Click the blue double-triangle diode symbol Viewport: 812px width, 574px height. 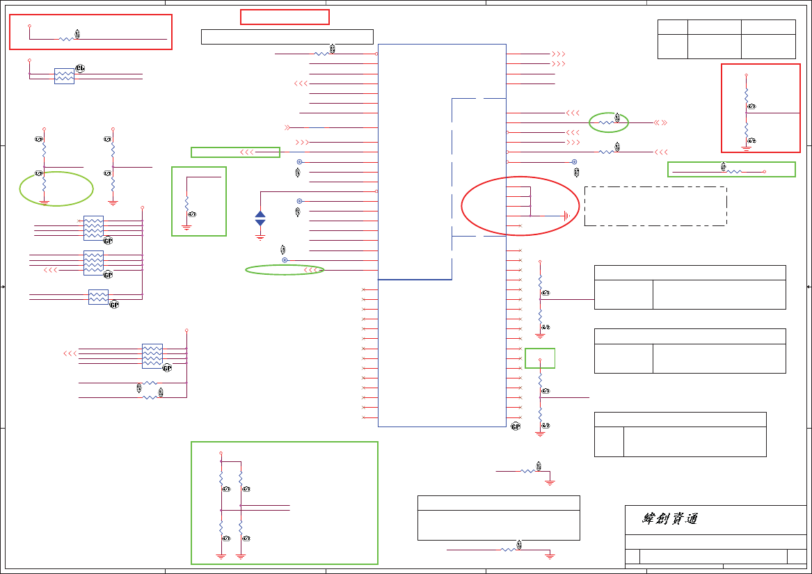pyautogui.click(x=260, y=218)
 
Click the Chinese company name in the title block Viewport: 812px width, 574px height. pyautogui.click(x=669, y=519)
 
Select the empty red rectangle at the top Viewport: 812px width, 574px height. pyautogui.click(x=285, y=17)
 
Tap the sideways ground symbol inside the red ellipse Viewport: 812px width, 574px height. pyautogui.click(x=567, y=216)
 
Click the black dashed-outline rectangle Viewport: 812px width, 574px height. pyautogui.click(x=655, y=206)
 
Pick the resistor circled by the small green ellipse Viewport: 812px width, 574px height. pyautogui.click(x=608, y=122)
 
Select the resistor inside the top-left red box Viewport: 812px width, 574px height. pyautogui.click(x=66, y=39)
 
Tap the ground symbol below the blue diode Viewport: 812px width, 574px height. pyautogui.click(x=260, y=237)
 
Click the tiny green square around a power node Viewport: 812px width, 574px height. pyautogui.click(x=540, y=358)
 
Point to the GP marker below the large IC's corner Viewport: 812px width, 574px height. pyautogui.click(x=516, y=426)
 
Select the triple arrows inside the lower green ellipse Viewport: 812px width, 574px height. pyautogui.click(x=311, y=270)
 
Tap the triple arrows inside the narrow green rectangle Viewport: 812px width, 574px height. pyautogui.click(x=246, y=152)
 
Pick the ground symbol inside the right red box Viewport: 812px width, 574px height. pyautogui.click(x=746, y=148)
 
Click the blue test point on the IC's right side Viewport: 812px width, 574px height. pyautogui.click(x=574, y=162)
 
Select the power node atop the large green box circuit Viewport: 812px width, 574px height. pyautogui.click(x=221, y=452)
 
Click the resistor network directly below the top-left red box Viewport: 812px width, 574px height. pyautogui.click(x=64, y=76)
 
